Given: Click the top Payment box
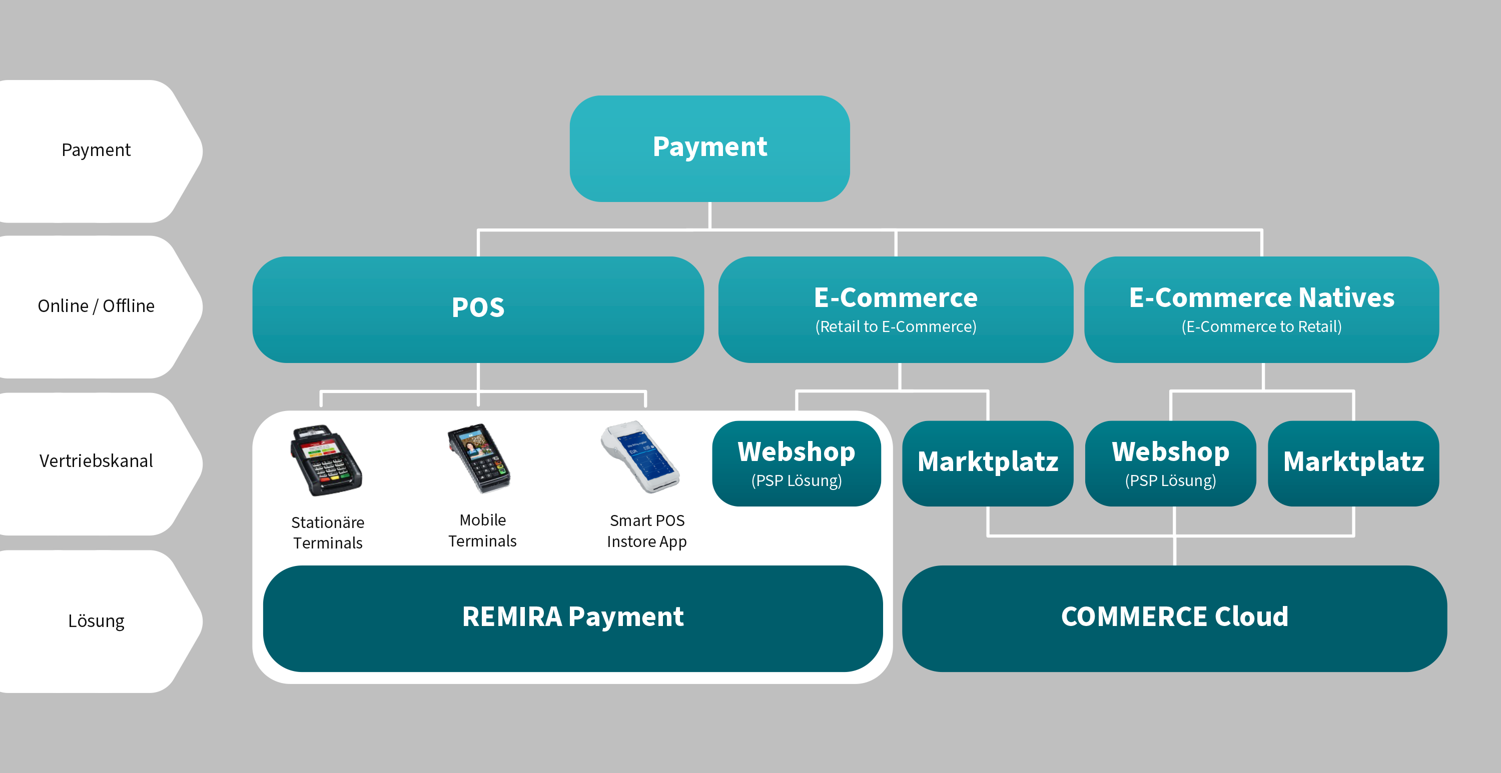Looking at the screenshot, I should [709, 148].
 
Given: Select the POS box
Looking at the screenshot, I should [478, 308].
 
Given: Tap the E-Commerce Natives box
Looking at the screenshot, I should [1261, 308].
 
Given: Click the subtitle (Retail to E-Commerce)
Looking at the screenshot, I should [896, 327].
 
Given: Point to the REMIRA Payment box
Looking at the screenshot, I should [573, 617].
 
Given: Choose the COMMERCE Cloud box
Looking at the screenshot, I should [1174, 617].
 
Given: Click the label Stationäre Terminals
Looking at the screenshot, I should [328, 532].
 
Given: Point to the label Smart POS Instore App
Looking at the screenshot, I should [647, 530].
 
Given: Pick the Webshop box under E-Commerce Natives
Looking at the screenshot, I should [1170, 463].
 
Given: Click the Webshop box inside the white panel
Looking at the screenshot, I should [796, 463].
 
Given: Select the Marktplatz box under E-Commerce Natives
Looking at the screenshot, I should [1353, 463].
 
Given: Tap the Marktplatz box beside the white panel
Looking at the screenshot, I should [988, 463].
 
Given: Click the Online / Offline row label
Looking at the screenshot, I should [96, 306].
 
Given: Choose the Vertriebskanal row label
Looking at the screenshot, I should [96, 461].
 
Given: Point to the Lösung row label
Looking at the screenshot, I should [96, 621].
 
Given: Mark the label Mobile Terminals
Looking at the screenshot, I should [482, 530].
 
